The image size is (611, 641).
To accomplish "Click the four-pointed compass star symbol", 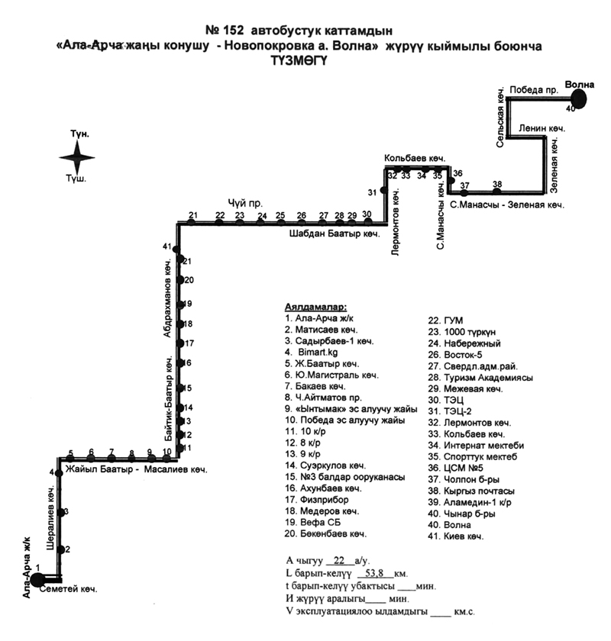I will [77, 158].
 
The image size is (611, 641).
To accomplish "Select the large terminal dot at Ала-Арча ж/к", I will [37, 580].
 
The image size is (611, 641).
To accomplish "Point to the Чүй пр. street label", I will [245, 204].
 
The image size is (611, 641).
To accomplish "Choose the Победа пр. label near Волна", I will [534, 89].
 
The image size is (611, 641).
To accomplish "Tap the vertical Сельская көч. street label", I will [502, 117].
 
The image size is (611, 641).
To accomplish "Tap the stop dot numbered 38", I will [497, 192].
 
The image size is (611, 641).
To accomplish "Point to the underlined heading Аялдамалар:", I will [315, 306].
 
